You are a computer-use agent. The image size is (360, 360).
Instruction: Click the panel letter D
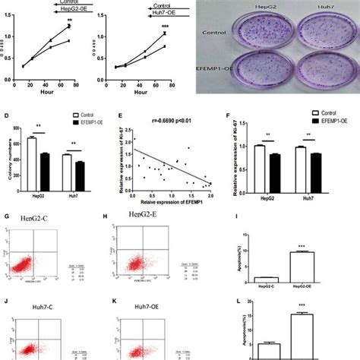click(7, 118)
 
